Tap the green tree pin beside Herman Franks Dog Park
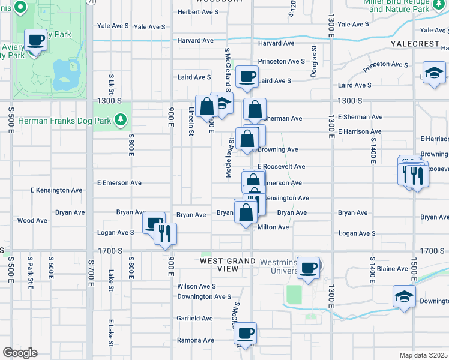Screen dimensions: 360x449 (122, 120)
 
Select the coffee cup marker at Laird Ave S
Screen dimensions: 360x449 (247, 77)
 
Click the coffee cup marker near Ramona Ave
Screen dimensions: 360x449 (246, 334)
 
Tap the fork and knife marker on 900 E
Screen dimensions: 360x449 (165, 233)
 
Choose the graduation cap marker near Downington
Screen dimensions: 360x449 (404, 297)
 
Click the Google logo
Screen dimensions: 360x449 (19, 352)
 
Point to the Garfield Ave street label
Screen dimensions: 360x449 (195, 318)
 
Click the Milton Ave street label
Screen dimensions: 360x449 (273, 227)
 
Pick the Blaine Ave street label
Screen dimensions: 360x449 (393, 269)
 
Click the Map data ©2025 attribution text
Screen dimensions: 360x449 (423, 355)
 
